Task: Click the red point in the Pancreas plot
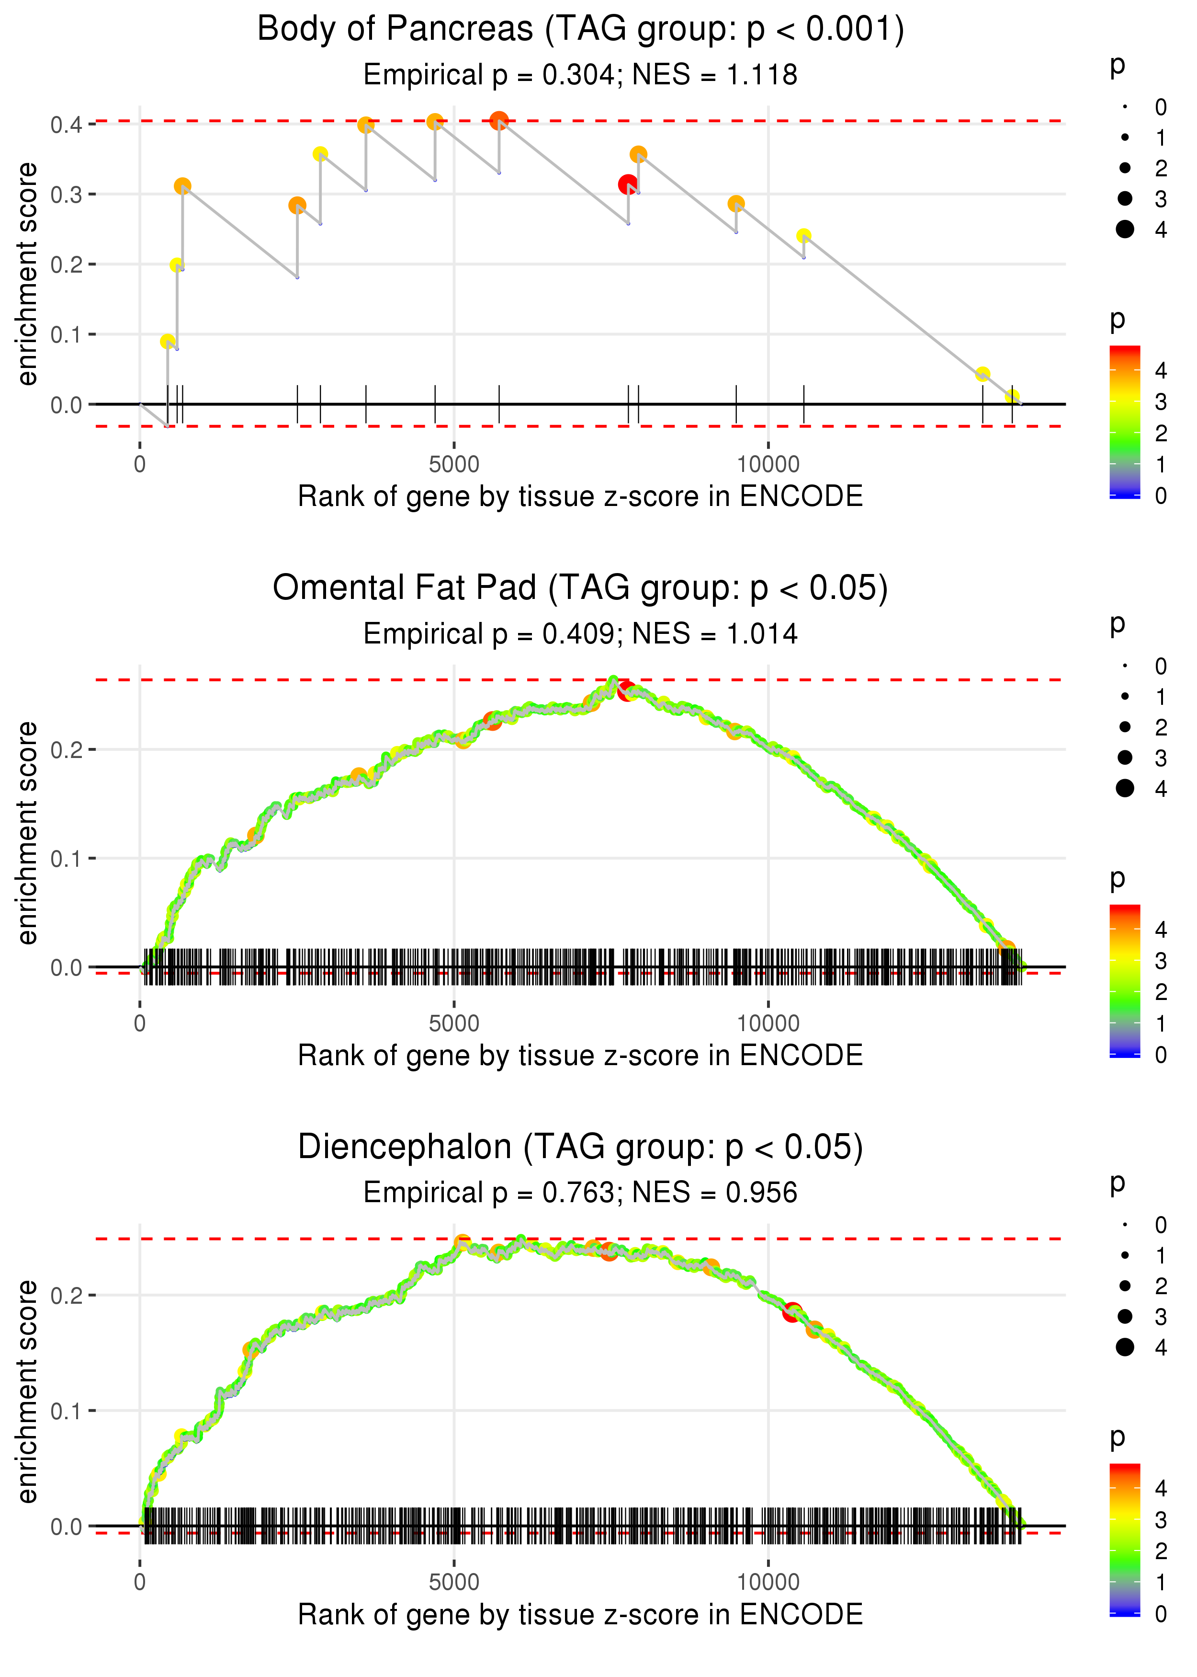pyautogui.click(x=627, y=184)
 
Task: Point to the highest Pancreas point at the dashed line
pyautogui.click(x=499, y=120)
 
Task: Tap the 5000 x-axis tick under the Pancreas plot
pyautogui.click(x=454, y=465)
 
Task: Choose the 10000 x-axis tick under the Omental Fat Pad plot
pyautogui.click(x=768, y=1023)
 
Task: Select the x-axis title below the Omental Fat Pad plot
pyautogui.click(x=580, y=1056)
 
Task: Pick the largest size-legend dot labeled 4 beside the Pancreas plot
pyautogui.click(x=1125, y=230)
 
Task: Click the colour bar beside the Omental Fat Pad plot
pyautogui.click(x=1125, y=981)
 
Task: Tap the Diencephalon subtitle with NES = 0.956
pyautogui.click(x=580, y=1193)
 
